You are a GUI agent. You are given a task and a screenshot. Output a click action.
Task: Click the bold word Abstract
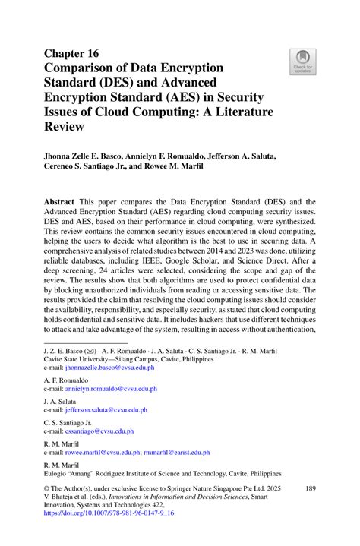coord(63,193)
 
